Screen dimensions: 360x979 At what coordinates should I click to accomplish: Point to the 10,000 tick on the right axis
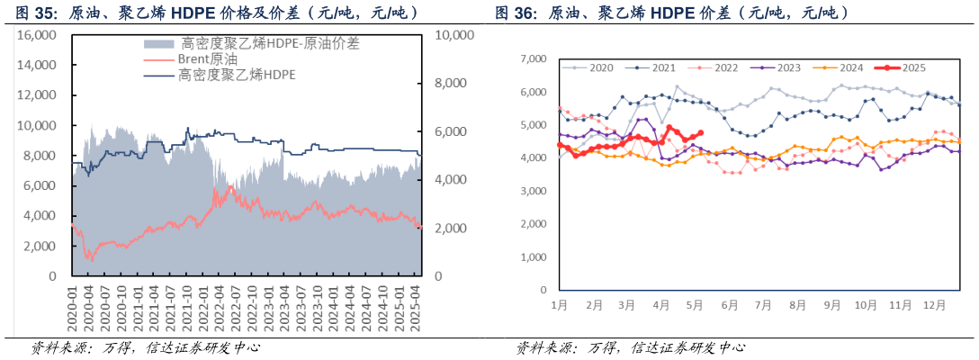click(452, 35)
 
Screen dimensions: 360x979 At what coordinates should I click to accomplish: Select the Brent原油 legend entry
click(202, 59)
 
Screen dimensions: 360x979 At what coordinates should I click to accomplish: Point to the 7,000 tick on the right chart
click(534, 58)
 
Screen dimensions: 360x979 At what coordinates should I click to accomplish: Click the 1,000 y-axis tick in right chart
click(534, 257)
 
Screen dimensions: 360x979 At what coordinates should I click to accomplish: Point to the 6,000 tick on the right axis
click(452, 131)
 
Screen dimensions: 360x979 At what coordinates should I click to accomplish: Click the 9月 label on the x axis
click(831, 306)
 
